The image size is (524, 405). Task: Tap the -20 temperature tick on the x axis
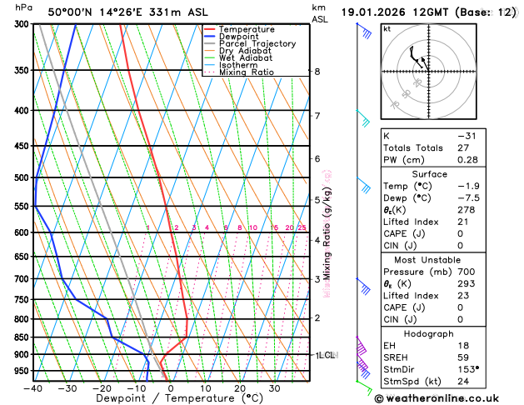[102, 387]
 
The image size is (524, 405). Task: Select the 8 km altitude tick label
[317, 72]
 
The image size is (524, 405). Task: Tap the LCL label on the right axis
[327, 355]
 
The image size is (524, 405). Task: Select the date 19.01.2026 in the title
[376, 12]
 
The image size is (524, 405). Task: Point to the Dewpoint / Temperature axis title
[171, 398]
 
